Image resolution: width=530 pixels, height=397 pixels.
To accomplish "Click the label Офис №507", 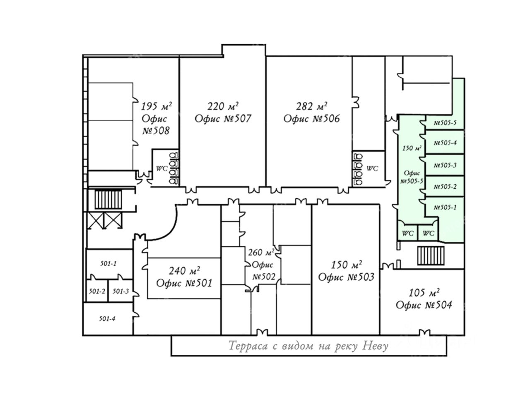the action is point(223,118).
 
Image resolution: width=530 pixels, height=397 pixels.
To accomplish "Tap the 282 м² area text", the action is point(311,106).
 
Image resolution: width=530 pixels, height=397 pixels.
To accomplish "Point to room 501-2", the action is point(97,291).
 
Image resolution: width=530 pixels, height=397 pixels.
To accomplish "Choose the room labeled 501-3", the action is point(120,291).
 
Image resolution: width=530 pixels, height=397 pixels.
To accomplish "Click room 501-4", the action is point(107,319).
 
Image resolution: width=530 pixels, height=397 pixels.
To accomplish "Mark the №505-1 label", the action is point(445,207).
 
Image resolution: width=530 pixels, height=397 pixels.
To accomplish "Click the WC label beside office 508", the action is point(161,169).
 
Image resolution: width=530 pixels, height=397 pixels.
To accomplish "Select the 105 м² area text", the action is point(424,293).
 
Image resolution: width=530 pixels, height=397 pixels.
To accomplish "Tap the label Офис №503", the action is point(346,277).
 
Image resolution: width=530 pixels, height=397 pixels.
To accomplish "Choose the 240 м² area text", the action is point(184,271).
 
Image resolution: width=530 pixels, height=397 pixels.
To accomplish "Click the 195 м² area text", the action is point(157,106).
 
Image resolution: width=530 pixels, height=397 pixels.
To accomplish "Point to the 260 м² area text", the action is point(261,253).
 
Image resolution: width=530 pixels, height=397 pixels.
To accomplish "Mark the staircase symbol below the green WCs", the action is point(431,255).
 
